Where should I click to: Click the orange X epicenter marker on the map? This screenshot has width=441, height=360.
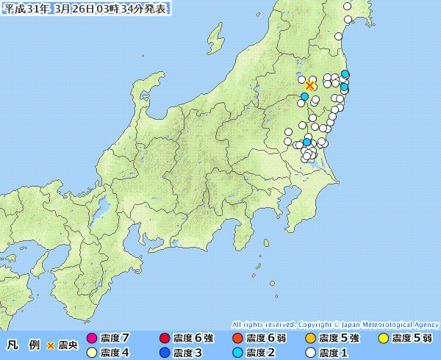click(x=309, y=85)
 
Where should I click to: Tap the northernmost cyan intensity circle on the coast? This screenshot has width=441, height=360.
click(x=345, y=73)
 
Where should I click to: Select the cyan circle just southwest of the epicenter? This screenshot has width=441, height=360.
click(x=304, y=96)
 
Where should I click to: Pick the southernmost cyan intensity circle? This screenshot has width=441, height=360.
click(x=307, y=142)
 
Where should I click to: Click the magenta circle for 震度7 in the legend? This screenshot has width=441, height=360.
click(x=92, y=338)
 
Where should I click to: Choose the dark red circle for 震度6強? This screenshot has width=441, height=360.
click(x=164, y=338)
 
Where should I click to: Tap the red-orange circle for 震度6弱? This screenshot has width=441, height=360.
click(x=237, y=338)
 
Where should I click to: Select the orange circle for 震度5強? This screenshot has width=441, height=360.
click(x=310, y=338)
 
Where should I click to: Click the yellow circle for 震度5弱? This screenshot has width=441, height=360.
click(x=383, y=338)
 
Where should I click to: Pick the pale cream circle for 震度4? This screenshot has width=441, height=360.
click(x=92, y=353)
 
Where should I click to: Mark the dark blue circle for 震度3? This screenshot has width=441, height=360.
click(x=164, y=353)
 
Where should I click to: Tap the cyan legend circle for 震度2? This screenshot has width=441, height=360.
click(x=237, y=353)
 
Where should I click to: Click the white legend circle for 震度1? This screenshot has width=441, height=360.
click(x=310, y=353)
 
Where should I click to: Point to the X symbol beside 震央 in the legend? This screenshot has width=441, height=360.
click(x=51, y=345)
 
